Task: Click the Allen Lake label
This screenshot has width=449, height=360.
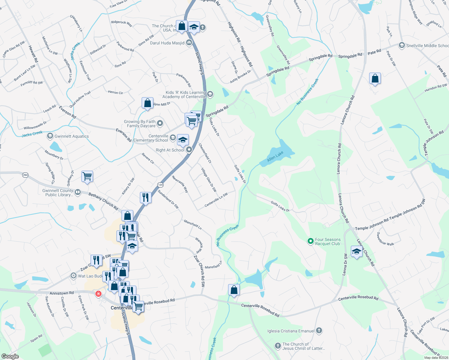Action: point(275,157)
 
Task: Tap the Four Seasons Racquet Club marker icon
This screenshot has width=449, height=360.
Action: point(311,241)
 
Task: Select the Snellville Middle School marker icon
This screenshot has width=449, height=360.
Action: point(402,45)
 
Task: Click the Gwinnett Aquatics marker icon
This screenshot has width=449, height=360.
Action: point(50,136)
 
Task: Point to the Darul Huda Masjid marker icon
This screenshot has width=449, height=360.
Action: point(189,43)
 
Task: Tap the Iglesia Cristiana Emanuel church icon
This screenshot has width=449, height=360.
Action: point(319,331)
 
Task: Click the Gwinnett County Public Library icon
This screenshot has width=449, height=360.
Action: point(78,192)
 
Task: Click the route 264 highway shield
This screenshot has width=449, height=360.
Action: point(25,175)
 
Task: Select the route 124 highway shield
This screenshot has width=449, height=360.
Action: point(160,185)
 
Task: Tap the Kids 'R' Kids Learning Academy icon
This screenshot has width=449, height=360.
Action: point(210,94)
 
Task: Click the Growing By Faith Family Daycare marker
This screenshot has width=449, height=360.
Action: point(160,123)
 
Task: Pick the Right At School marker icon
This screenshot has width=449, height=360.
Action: point(189,150)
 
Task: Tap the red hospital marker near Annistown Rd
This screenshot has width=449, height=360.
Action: point(98,294)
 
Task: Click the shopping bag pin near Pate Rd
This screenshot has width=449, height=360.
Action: point(375,79)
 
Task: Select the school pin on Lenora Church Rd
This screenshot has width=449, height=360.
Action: point(356,251)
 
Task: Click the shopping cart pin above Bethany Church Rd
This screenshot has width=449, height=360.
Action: point(87,176)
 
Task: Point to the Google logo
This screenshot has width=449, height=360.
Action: point(10,356)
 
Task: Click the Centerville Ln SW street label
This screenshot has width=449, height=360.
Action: point(216,200)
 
